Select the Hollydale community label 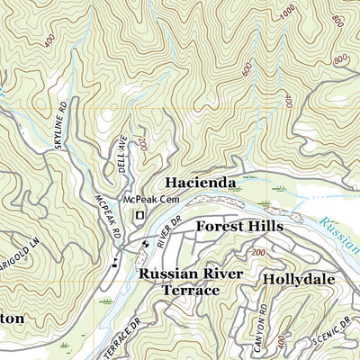pos(299,279)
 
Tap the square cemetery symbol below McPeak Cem pos(139,215)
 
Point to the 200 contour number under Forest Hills pos(260,255)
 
